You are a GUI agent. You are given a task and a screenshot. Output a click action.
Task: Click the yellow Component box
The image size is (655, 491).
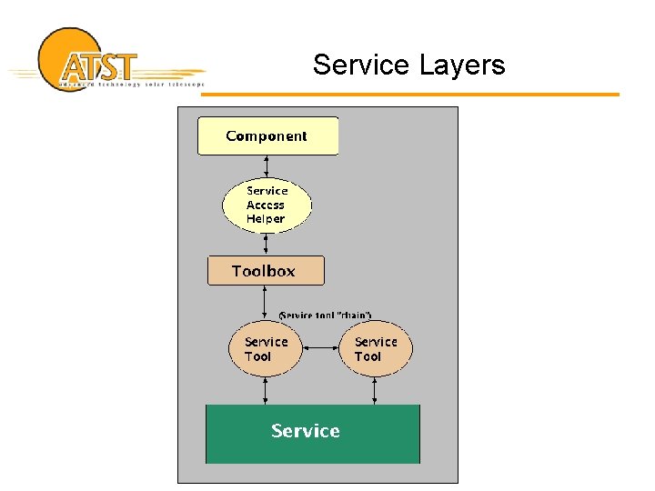tap(267, 136)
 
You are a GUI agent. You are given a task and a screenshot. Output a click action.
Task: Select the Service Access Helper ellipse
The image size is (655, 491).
tap(267, 205)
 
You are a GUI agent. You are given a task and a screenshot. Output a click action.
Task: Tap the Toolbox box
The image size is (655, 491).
tap(265, 271)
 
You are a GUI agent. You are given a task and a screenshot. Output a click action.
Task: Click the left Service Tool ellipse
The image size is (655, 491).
tap(266, 349)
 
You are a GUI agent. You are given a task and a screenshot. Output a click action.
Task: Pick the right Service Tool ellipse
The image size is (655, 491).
tap(376, 349)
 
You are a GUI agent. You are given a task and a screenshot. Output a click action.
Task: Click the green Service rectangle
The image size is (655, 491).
tap(313, 434)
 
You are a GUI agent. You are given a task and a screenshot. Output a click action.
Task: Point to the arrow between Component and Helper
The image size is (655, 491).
tap(267, 166)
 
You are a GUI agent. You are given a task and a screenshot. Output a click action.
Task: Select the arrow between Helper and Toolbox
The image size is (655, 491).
tap(266, 245)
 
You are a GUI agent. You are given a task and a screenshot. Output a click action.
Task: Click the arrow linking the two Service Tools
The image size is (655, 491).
tap(320, 348)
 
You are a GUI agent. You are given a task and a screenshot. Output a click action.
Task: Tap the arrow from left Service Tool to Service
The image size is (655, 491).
tap(266, 391)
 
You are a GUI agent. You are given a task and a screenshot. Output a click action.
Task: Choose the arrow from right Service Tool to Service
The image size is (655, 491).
tap(375, 391)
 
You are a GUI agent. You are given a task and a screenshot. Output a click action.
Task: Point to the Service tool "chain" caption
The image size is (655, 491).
tap(325, 315)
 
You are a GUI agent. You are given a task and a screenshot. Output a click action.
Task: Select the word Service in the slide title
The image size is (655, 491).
tap(361, 65)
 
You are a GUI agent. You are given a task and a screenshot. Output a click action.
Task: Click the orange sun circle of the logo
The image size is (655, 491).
tap(60, 45)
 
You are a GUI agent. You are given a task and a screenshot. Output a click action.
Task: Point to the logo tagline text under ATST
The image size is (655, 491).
tap(131, 85)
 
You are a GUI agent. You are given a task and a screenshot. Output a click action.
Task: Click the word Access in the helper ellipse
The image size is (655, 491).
tap(266, 205)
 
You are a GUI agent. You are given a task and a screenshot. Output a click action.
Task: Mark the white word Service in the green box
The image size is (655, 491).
tap(306, 431)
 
